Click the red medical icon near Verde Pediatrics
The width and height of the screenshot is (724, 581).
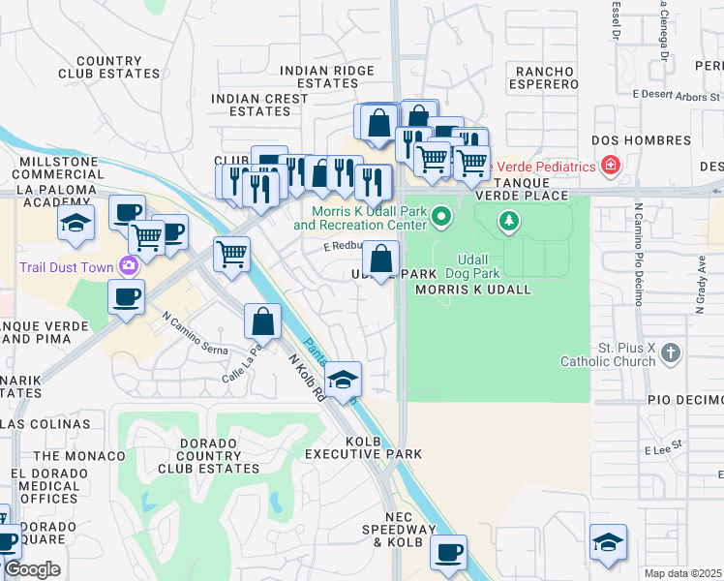(610, 167)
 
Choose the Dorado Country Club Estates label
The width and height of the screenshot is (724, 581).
(189, 462)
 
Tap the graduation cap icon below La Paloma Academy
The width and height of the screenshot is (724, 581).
(76, 224)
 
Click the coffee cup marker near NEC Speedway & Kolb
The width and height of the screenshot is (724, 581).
(447, 553)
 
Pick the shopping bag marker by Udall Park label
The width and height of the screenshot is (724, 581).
(381, 260)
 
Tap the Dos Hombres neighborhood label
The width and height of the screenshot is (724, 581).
(628, 139)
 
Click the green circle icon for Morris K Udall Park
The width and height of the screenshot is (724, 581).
(441, 215)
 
